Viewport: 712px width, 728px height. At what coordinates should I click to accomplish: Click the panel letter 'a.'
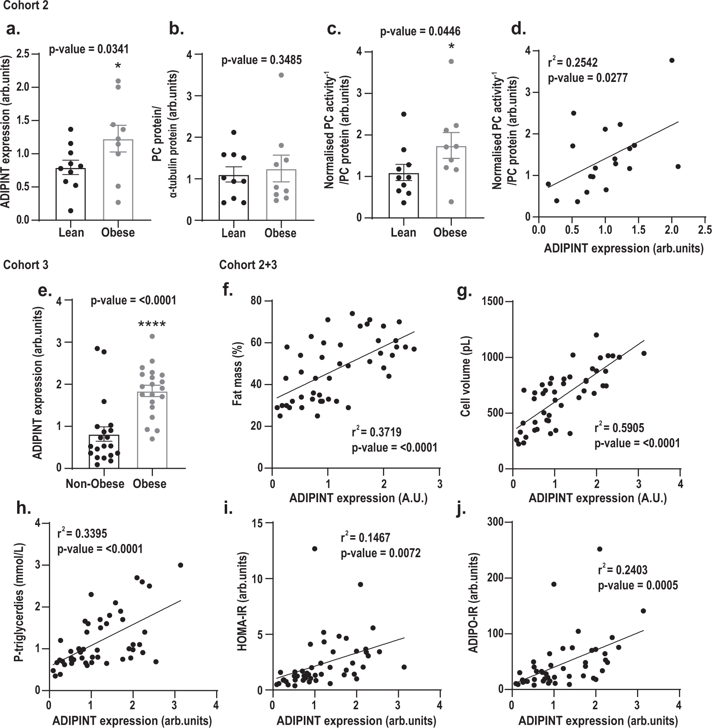pyautogui.click(x=13, y=29)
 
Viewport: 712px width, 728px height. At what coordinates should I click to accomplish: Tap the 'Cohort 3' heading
pyautogui.click(x=26, y=265)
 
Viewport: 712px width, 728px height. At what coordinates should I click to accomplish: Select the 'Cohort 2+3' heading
pyautogui.click(x=248, y=265)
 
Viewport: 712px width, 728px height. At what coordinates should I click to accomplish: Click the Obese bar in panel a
pyautogui.click(x=118, y=179)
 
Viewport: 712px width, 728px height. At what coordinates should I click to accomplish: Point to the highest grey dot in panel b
pyautogui.click(x=281, y=75)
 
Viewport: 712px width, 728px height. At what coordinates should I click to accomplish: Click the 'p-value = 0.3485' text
pyautogui.click(x=261, y=60)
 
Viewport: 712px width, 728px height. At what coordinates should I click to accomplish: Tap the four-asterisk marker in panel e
pyautogui.click(x=152, y=325)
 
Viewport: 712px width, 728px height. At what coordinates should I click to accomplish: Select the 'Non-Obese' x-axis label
pyautogui.click(x=95, y=484)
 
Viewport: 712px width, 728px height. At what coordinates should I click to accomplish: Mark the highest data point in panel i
pyautogui.click(x=314, y=549)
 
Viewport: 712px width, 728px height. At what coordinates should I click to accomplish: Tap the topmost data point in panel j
pyautogui.click(x=599, y=549)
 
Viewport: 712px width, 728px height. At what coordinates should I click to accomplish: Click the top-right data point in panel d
pyautogui.click(x=672, y=60)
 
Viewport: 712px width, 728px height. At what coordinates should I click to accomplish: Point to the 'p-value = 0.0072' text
pyautogui.click(x=380, y=553)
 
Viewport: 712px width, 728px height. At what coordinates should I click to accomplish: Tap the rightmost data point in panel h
pyautogui.click(x=180, y=565)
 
